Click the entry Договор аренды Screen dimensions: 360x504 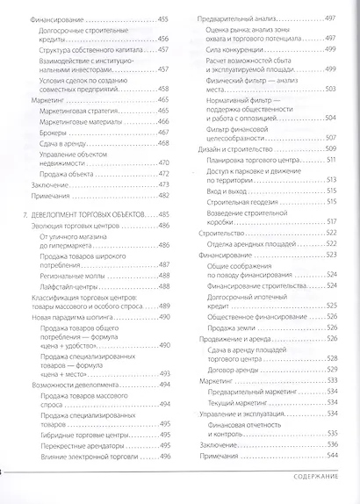pos(232,369)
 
